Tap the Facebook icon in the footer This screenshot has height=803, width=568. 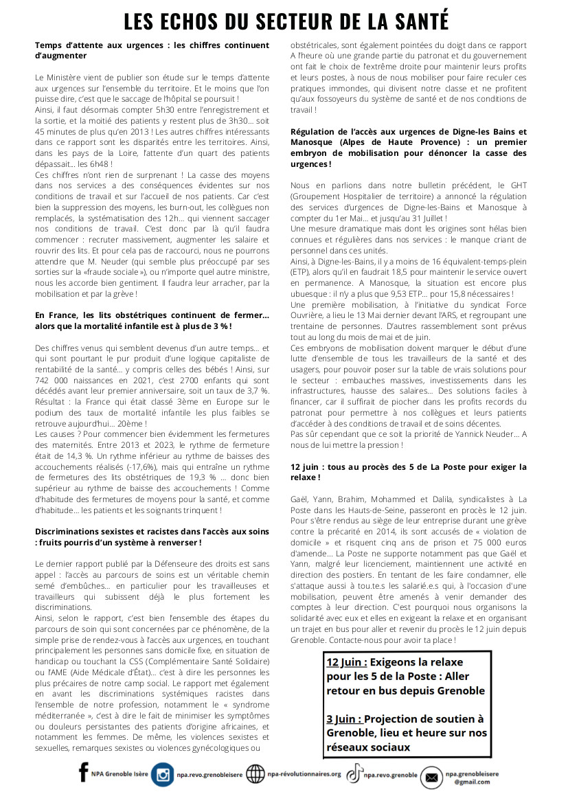click(x=84, y=773)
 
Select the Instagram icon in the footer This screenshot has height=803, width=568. click(x=163, y=775)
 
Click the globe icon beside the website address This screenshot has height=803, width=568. click(x=255, y=774)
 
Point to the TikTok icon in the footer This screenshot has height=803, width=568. click(x=354, y=774)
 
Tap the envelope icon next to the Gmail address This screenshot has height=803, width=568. click(x=431, y=777)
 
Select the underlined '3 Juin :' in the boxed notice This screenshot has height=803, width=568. click(x=344, y=719)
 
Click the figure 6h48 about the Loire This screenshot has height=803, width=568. click(x=101, y=165)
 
